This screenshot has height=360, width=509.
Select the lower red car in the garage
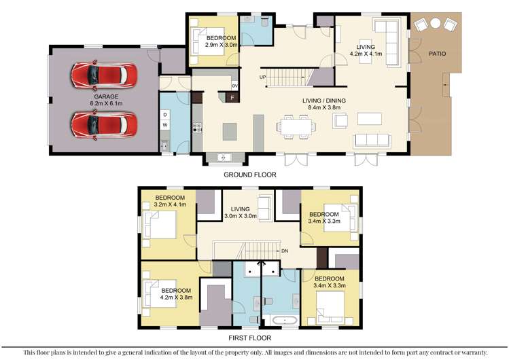104,124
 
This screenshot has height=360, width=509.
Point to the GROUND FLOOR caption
249,175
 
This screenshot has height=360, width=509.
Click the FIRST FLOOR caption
249,338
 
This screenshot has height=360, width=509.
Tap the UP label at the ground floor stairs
262,77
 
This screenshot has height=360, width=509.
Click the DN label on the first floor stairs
285,251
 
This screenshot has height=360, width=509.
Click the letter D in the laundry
164,115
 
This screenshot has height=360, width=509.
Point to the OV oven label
234,86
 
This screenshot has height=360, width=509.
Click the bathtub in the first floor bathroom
279,319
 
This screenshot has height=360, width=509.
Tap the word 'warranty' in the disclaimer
470,353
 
